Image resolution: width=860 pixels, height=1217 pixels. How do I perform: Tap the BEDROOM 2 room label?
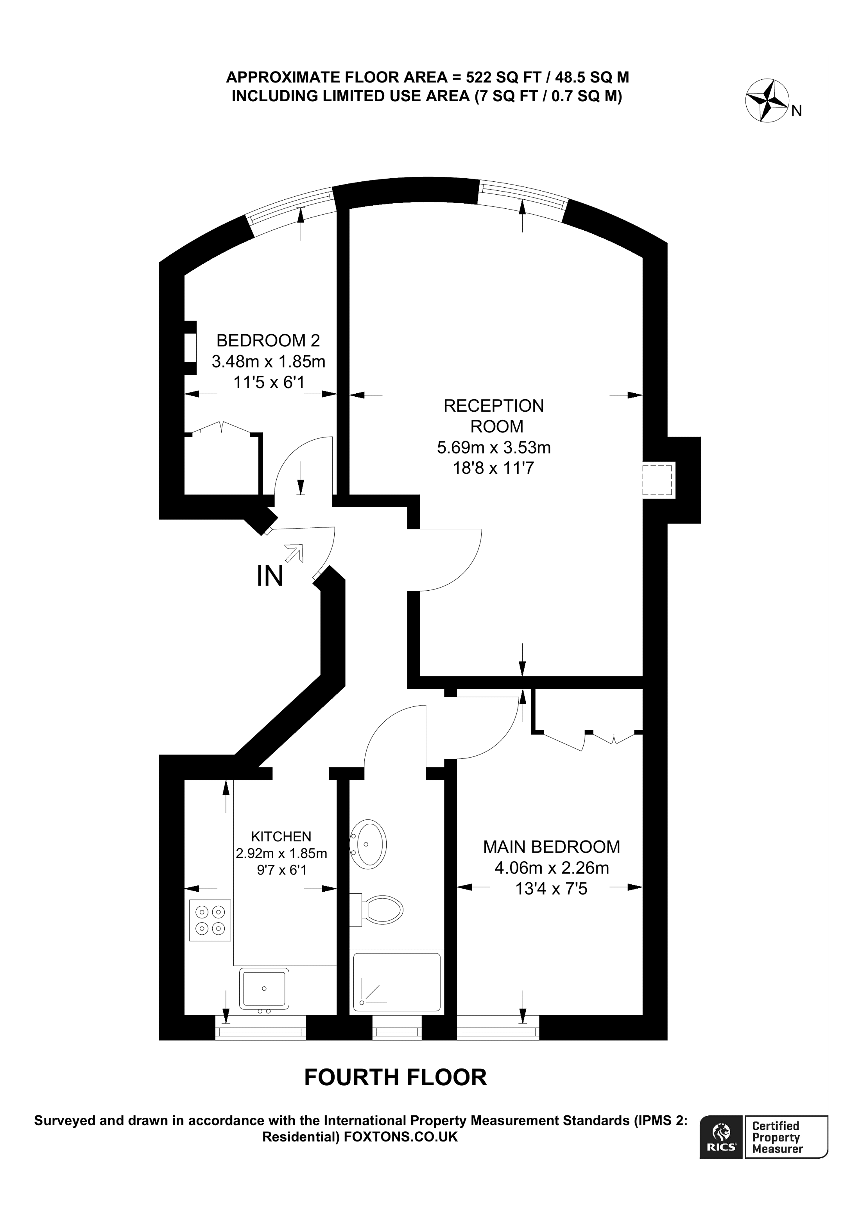[x=268, y=340]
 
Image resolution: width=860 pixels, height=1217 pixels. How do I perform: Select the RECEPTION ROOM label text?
[x=494, y=416]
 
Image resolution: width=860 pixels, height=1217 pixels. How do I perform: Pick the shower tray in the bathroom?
[x=396, y=982]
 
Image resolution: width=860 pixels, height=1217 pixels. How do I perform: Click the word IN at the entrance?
[x=270, y=576]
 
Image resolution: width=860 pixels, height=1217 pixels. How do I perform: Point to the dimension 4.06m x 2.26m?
[x=551, y=868]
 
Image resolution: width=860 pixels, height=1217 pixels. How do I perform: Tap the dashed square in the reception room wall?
[x=657, y=480]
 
